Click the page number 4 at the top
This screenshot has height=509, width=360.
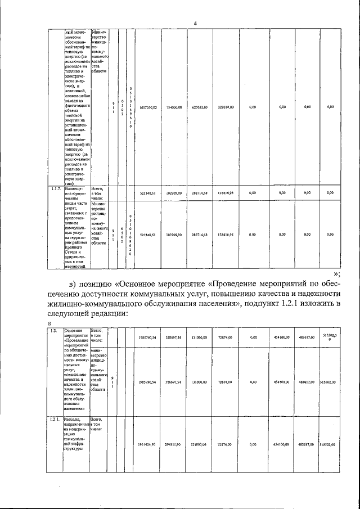point(195,23)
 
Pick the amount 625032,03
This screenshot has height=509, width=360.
point(199,106)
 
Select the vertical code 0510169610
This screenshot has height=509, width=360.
point(130,107)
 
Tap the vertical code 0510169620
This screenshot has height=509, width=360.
point(130,235)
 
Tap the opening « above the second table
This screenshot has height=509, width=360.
point(49,325)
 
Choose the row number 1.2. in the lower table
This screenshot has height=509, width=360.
point(53,331)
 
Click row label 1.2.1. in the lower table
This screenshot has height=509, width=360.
point(55,420)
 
